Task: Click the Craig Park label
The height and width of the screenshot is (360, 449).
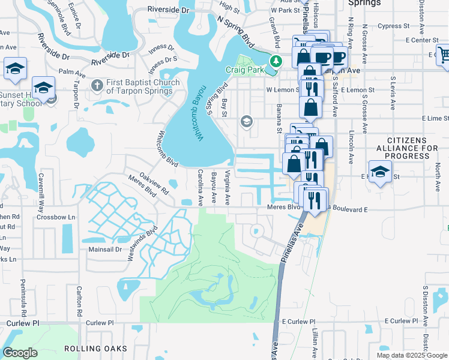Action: pyautogui.click(x=244, y=70)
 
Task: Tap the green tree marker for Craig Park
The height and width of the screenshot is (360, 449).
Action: pyautogui.click(x=276, y=61)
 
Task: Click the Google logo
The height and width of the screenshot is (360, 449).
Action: pyautogui.click(x=20, y=353)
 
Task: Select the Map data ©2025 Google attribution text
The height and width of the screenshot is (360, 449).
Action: pyautogui.click(x=412, y=355)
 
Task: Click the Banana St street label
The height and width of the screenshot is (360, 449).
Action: pyautogui.click(x=279, y=118)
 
